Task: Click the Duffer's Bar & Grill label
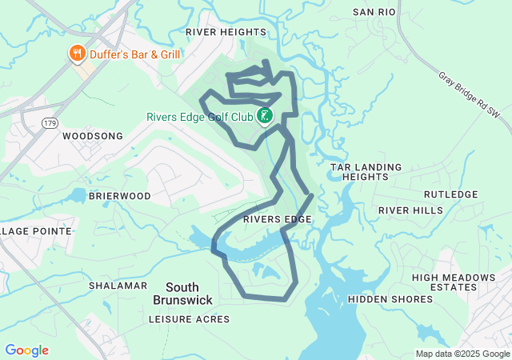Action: pyautogui.click(x=134, y=54)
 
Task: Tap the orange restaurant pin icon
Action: pyautogui.click(x=77, y=54)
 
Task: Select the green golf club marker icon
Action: pyautogui.click(x=265, y=116)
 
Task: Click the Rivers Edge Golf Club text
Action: pyautogui.click(x=199, y=117)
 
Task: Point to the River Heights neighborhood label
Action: pyautogui.click(x=226, y=32)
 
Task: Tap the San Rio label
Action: pyautogui.click(x=374, y=13)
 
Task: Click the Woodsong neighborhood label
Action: pyautogui.click(x=93, y=136)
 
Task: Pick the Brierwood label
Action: pyautogui.click(x=120, y=196)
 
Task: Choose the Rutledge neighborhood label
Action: pyautogui.click(x=450, y=194)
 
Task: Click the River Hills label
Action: pyautogui.click(x=410, y=210)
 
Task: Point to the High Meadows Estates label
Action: pyautogui.click(x=453, y=282)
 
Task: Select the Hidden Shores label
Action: pyautogui.click(x=390, y=299)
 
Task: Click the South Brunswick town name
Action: pyautogui.click(x=182, y=293)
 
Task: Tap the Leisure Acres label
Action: pyautogui.click(x=189, y=319)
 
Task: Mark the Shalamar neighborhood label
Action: pyautogui.click(x=118, y=286)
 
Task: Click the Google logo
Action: pyautogui.click(x=26, y=350)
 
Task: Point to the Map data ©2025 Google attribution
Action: pyautogui.click(x=462, y=354)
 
